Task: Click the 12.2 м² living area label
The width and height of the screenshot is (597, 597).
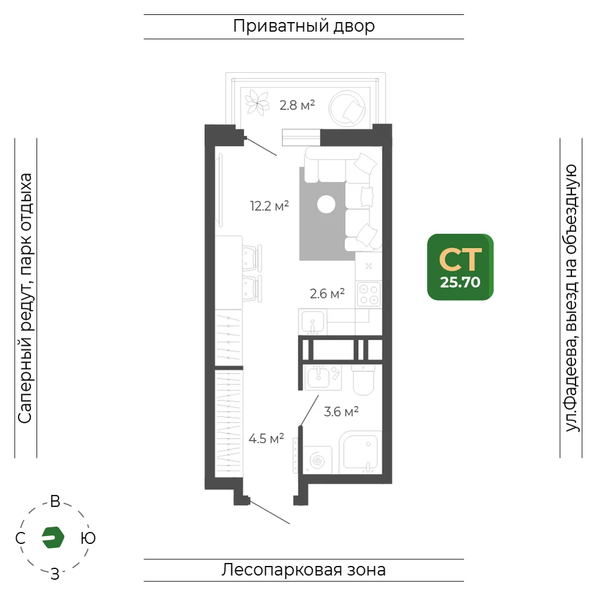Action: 269,206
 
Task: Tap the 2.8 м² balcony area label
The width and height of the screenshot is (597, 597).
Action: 297,104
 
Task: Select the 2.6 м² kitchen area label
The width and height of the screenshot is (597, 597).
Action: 327,294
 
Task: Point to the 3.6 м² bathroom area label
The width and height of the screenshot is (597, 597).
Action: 341,411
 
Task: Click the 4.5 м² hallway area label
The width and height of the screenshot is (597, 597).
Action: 266,439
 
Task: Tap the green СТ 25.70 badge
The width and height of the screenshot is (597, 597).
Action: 460,267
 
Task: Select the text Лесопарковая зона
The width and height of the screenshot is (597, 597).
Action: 303,570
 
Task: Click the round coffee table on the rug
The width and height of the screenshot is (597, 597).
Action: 327,204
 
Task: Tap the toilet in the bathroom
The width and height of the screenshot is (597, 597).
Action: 363,380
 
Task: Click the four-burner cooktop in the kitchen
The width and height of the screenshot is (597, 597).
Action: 368,294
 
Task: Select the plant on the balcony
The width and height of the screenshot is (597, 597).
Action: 257,103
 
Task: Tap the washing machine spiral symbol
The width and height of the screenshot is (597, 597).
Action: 317,460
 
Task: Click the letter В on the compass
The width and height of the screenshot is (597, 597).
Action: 55,501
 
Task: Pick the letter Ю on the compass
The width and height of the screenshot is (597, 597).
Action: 88,538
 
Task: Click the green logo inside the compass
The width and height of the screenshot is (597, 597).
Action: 53,537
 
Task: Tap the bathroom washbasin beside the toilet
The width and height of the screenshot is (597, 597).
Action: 318,377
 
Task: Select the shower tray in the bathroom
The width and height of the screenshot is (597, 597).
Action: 361,453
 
